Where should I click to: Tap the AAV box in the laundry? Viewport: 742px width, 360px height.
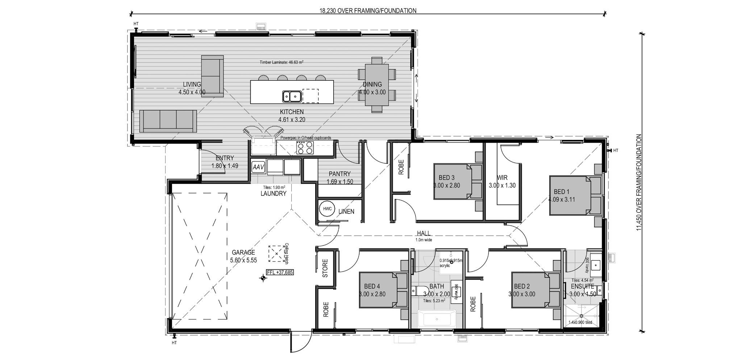pyautogui.click(x=258, y=167)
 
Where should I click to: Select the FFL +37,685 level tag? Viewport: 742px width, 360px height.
pyautogui.click(x=280, y=272)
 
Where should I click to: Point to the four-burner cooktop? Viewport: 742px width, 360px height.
pyautogui.click(x=305, y=148)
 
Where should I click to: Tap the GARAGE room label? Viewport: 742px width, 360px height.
pyautogui.click(x=243, y=253)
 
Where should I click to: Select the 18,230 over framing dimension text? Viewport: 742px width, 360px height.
pyautogui.click(x=367, y=11)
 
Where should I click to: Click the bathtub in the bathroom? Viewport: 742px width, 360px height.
pyautogui.click(x=436, y=320)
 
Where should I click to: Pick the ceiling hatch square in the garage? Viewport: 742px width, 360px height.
pyautogui.click(x=276, y=253)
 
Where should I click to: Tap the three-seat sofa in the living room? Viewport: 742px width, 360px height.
pyautogui.click(x=168, y=121)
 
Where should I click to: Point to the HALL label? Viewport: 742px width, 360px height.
pyautogui.click(x=424, y=234)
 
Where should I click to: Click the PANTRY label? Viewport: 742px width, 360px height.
pyautogui.click(x=339, y=174)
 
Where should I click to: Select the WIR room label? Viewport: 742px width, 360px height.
pyautogui.click(x=502, y=178)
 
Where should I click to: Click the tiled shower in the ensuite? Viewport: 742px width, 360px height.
pyautogui.click(x=582, y=316)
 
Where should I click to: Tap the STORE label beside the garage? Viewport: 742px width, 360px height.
pyautogui.click(x=325, y=268)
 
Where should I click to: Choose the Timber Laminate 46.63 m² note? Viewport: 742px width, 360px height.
pyautogui.click(x=281, y=62)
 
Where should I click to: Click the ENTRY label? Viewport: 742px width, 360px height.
pyautogui.click(x=225, y=158)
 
